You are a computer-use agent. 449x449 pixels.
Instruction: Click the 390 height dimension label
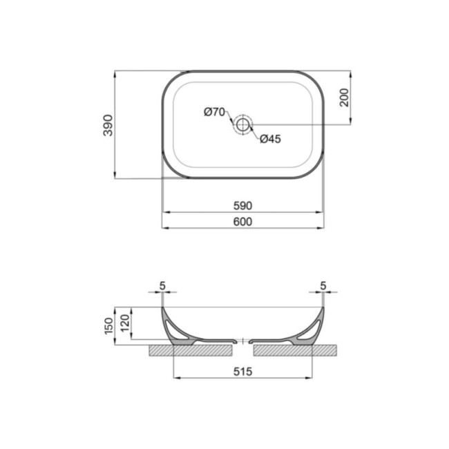[108, 125]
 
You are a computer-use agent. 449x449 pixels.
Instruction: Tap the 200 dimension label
[344, 97]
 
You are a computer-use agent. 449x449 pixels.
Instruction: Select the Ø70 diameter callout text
[214, 112]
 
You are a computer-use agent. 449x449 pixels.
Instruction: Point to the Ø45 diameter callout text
[270, 139]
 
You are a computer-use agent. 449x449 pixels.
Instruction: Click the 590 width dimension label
[243, 206]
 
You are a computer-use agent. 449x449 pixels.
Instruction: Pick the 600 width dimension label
[243, 222]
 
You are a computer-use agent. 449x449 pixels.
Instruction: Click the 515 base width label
[243, 372]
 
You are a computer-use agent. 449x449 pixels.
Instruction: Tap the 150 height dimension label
[109, 326]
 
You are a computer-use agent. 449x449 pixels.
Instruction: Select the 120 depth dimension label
[125, 323]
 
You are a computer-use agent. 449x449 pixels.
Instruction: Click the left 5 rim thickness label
[162, 285]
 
